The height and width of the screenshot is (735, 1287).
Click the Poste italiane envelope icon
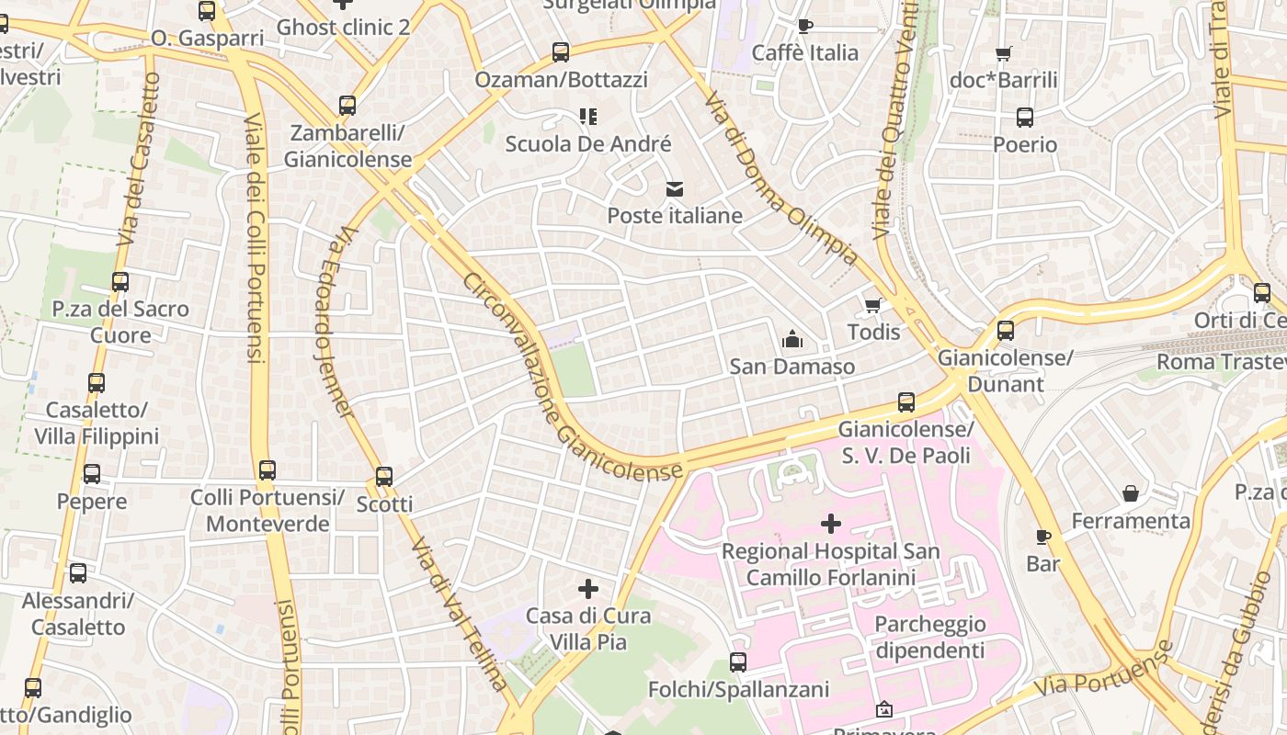point(675,189)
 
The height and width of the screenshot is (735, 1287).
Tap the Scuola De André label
point(588,144)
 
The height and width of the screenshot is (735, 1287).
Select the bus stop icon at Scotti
point(384,477)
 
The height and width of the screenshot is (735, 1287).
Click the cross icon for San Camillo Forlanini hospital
point(831,524)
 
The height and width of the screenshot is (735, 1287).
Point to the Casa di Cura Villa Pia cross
point(588,588)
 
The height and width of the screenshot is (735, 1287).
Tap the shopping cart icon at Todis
point(872,305)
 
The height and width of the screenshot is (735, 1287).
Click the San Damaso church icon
point(792,340)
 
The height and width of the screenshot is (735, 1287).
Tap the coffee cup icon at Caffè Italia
point(805,26)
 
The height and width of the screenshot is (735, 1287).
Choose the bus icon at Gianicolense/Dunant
point(1006,331)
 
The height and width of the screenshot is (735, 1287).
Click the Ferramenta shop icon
point(1131,494)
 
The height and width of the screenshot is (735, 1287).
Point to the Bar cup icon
point(1042,537)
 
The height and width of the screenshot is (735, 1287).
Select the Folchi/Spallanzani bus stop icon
point(738,662)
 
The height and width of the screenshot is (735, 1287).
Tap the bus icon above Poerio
point(1025,118)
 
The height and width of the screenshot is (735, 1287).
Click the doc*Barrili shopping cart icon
point(1004,53)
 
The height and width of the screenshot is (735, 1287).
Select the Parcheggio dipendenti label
point(929,638)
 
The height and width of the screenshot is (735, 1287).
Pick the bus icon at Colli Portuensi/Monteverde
point(267,470)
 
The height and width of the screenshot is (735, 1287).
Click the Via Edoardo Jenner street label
point(335,322)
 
